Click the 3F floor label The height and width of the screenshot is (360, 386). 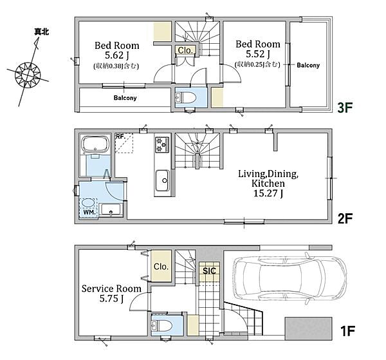click(x=345, y=108)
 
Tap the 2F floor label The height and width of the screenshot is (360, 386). click(x=345, y=218)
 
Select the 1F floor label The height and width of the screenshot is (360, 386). click(x=347, y=331)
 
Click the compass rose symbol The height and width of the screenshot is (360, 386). click(x=28, y=75)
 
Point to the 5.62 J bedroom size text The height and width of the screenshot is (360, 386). click(x=117, y=55)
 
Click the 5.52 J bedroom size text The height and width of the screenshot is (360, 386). click(x=258, y=53)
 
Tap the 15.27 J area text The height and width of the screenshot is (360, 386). click(x=268, y=193)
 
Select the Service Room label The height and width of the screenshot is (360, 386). click(x=111, y=289)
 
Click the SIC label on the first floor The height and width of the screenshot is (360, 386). click(x=209, y=271)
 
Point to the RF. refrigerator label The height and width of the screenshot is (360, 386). click(x=121, y=137)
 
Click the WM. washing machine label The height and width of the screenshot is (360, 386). click(x=89, y=212)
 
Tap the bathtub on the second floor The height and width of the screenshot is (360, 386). click(x=95, y=144)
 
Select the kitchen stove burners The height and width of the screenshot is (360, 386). click(x=162, y=145)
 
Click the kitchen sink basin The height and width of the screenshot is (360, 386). click(x=163, y=180)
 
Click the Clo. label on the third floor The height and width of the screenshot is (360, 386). click(x=185, y=50)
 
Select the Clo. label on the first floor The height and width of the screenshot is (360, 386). click(x=161, y=267)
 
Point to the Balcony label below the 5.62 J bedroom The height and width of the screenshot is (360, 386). click(x=125, y=98)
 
